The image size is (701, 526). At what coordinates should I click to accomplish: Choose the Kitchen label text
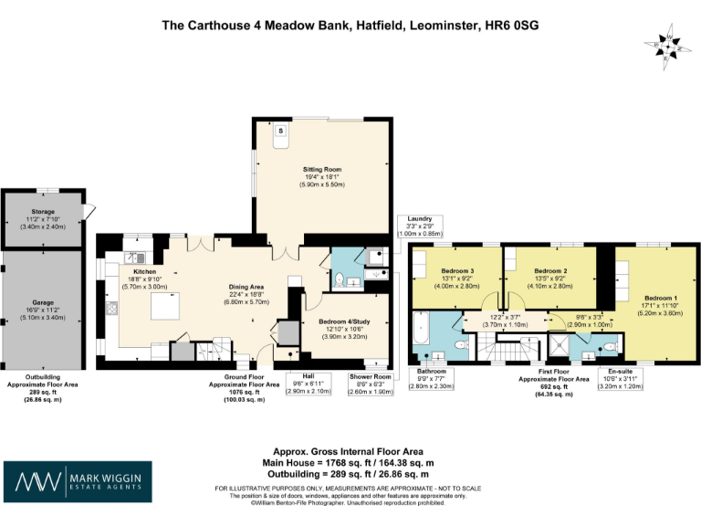(145, 272)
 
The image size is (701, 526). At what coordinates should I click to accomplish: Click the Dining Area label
(246, 287)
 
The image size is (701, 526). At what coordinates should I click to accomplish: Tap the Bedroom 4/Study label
(343, 321)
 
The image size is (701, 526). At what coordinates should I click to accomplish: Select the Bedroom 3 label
(457, 271)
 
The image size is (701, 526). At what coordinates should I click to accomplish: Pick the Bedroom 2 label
(551, 271)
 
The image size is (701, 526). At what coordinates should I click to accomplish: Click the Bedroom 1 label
(660, 299)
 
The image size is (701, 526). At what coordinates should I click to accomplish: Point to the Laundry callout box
(420, 226)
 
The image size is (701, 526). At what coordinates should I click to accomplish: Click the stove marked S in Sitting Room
(280, 132)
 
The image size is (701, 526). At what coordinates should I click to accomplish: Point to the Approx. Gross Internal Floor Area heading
(350, 451)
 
